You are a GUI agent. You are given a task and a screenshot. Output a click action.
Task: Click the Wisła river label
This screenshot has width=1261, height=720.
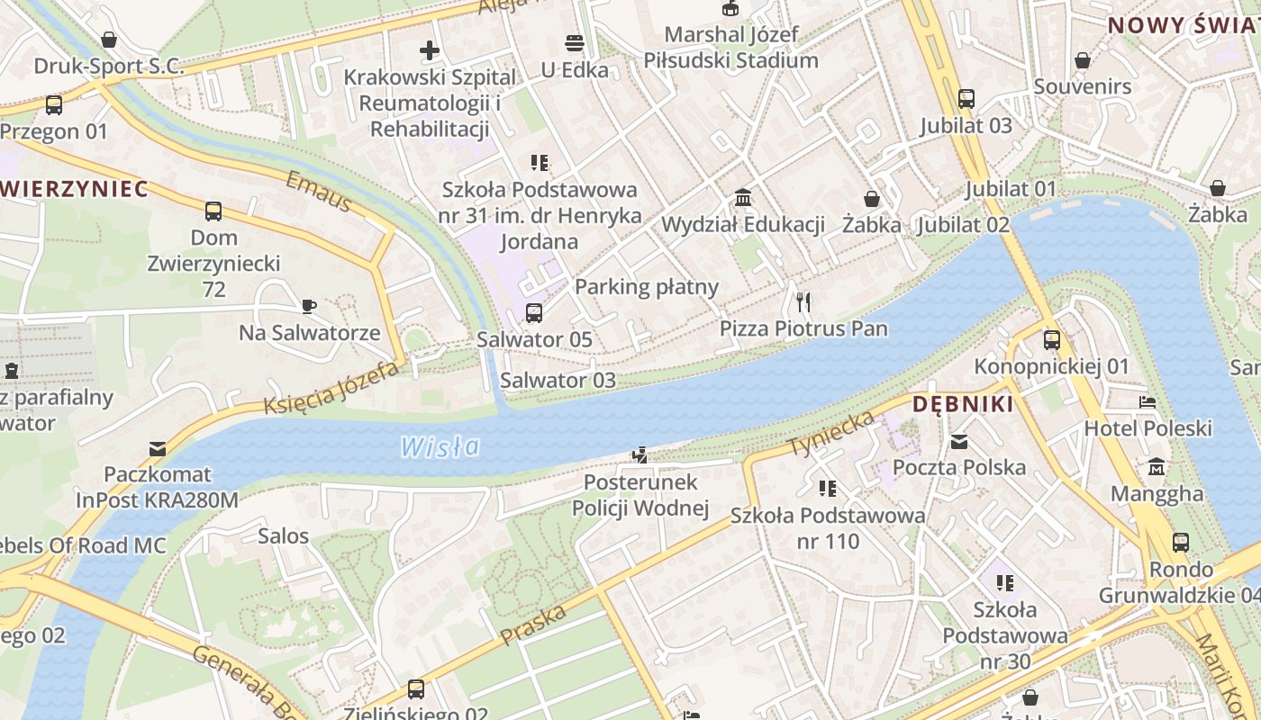440,445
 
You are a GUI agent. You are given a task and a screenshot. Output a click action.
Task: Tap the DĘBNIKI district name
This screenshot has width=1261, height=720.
963,404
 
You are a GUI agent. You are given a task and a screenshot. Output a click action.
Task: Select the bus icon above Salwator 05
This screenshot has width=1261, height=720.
534,313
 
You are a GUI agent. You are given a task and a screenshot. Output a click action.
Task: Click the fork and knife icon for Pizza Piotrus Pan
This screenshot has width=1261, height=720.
803,301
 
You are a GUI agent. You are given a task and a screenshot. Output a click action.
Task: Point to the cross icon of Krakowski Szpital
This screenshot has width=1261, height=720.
430,50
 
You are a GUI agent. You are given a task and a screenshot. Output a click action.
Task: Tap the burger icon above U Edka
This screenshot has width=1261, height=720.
575,43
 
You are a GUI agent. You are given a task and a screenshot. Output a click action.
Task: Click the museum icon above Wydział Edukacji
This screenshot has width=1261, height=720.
743,197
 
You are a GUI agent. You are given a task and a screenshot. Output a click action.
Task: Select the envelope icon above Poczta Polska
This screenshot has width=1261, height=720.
959,441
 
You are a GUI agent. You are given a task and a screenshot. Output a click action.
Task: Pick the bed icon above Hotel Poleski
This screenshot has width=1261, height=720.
1148,401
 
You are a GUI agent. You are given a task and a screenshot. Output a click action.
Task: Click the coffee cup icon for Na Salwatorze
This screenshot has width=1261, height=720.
309,306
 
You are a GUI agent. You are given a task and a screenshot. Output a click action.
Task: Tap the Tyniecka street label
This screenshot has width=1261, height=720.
831,433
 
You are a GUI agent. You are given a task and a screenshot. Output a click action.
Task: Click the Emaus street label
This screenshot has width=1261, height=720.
318,192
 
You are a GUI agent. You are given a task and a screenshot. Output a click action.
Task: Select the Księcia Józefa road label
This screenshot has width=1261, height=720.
331,387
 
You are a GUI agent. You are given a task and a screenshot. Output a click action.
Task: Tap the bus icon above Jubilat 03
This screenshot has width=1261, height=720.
966,99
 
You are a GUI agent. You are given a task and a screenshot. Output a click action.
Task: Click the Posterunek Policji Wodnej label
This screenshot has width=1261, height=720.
640,495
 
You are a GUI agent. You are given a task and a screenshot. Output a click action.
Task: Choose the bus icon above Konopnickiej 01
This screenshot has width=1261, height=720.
1051,340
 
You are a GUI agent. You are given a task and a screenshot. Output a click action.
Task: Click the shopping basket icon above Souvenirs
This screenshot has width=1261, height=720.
1082,60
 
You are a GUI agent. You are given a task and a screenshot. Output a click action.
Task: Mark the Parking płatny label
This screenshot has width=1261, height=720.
646,287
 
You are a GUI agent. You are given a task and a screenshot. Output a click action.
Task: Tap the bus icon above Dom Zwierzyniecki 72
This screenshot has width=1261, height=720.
213,211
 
